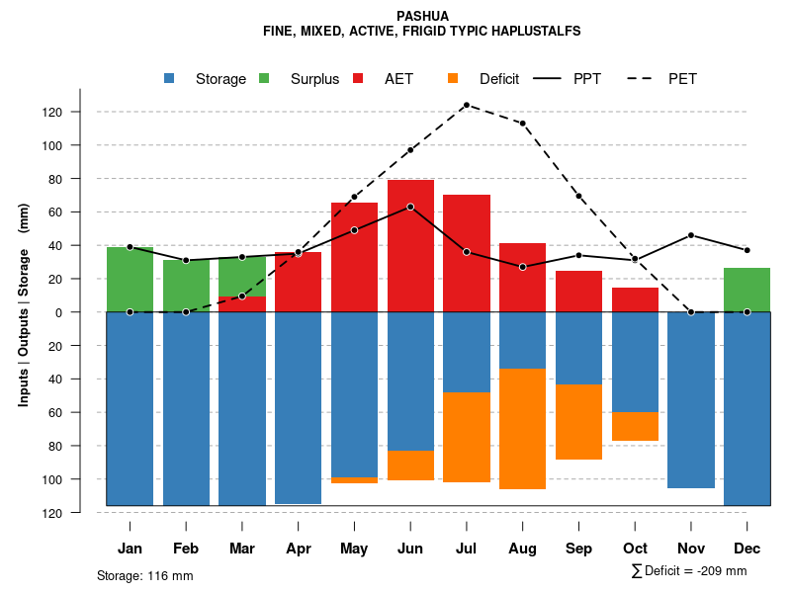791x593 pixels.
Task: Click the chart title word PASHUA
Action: [x=421, y=16]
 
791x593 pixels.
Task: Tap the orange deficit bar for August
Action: [x=522, y=429]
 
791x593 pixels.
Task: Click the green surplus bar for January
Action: [x=130, y=280]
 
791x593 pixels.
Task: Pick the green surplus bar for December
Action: [x=747, y=290]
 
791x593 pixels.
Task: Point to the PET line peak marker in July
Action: [x=466, y=105]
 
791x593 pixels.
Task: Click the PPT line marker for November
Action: [x=691, y=235]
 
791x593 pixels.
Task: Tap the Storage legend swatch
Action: [x=171, y=79]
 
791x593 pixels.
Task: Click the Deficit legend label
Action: [x=499, y=79]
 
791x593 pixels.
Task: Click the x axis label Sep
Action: [x=578, y=549]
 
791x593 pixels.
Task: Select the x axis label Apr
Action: [x=298, y=549]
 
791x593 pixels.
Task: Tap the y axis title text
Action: [x=24, y=312]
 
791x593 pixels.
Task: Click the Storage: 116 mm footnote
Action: [x=145, y=575]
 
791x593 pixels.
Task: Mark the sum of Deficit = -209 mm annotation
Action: [x=688, y=571]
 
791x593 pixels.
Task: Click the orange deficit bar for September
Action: [x=578, y=422]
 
